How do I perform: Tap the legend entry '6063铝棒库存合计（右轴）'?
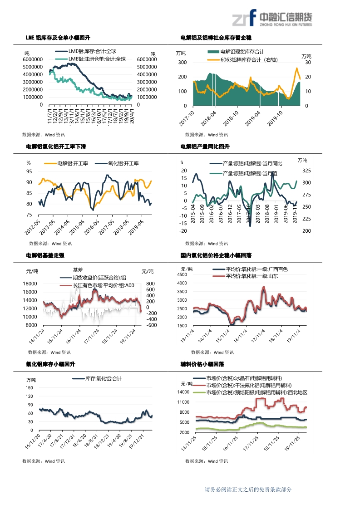pyautogui.click(x=248, y=60)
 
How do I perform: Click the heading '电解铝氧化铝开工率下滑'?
pyautogui.click(x=56, y=147)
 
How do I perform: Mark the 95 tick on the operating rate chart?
pyautogui.click(x=30, y=171)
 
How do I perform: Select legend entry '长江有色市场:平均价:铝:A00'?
pyautogui.click(x=104, y=285)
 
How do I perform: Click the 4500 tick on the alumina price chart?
pyautogui.click(x=181, y=274)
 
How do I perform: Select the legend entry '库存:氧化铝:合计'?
pyautogui.click(x=103, y=378)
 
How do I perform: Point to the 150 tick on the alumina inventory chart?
pyautogui.click(x=30, y=388)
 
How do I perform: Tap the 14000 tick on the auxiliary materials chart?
pyautogui.click(x=183, y=392)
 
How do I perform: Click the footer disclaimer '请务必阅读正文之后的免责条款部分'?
pyautogui.click(x=248, y=489)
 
